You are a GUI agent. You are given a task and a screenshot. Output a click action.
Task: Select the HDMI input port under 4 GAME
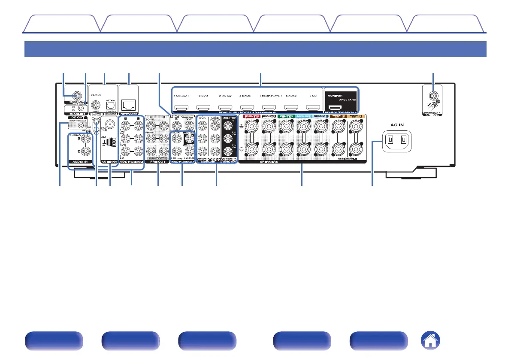coord(246,108)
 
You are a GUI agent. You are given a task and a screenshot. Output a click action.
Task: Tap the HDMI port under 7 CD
coord(312,108)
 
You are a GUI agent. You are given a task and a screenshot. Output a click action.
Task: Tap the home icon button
coord(431,341)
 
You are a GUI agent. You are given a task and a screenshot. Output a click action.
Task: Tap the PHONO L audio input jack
coord(87,139)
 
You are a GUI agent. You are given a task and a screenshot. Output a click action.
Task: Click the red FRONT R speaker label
coord(251,116)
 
